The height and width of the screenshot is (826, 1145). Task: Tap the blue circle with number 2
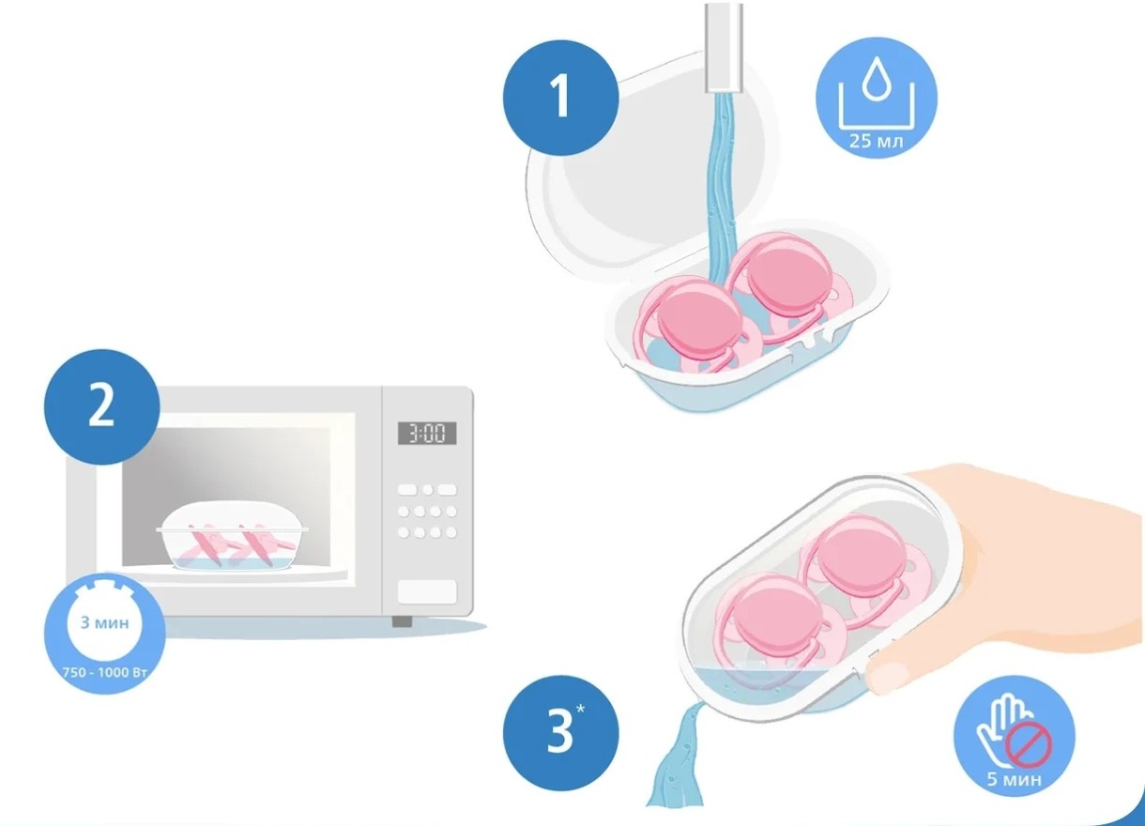[x=101, y=406]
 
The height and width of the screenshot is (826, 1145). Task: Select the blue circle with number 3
[x=560, y=733]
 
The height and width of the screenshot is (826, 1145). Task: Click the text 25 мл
[x=877, y=141]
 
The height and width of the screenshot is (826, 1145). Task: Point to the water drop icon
[x=877, y=78]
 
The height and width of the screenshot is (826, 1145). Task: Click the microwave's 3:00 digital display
[x=427, y=434]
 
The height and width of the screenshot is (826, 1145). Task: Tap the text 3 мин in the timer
[x=105, y=622]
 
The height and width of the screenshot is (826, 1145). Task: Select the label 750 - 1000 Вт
[x=105, y=672]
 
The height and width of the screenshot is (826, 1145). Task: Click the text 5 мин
[x=1015, y=779]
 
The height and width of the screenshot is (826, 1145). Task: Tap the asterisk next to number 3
[x=580, y=709]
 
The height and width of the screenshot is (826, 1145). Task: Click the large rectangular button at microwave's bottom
[x=427, y=591]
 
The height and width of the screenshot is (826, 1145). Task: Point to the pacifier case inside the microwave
[x=233, y=536]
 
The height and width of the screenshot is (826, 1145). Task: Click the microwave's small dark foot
[x=402, y=621]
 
